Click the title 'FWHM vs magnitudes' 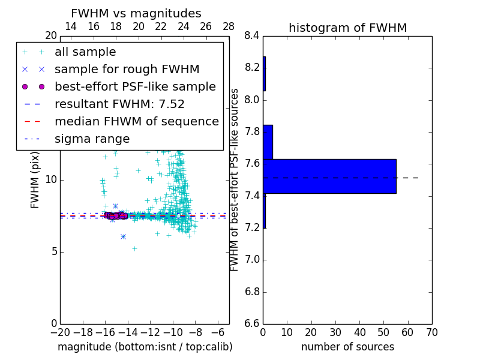coord(136,13)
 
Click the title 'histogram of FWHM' coord(347,28)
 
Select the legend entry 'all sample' coord(85,52)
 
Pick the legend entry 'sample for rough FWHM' coord(127,70)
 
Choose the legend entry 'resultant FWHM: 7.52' coord(119,104)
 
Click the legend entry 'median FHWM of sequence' coord(136,122)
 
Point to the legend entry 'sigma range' coord(92,139)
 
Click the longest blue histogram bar coord(329,176)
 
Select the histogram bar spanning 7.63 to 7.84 coord(268,142)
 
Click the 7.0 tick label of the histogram coord(251,260)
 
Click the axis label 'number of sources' coord(347,347)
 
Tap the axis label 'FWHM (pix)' coord(35,180)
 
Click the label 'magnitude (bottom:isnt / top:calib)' coord(145,347)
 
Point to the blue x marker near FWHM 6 coord(123,236)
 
